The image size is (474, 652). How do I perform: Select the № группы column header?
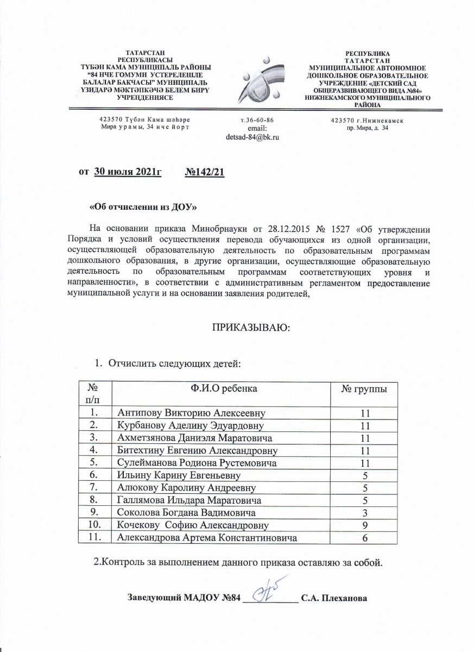point(364,389)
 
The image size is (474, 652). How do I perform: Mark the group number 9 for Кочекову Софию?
point(364,525)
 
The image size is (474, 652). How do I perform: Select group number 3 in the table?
point(364,513)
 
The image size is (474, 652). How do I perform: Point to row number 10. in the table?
point(94,525)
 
